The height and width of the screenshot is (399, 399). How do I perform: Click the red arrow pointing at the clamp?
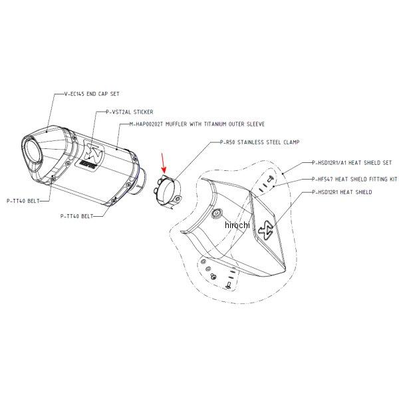[x=164, y=163]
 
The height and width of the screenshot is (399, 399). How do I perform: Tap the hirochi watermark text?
[x=236, y=226]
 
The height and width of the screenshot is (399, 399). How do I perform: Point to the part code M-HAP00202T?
[x=150, y=124]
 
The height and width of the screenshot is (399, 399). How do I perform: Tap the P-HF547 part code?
[x=325, y=179]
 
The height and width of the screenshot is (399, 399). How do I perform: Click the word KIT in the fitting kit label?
[x=393, y=179]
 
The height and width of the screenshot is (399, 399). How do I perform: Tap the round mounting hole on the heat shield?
[x=216, y=213]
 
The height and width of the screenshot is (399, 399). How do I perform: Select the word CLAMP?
[x=290, y=142]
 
